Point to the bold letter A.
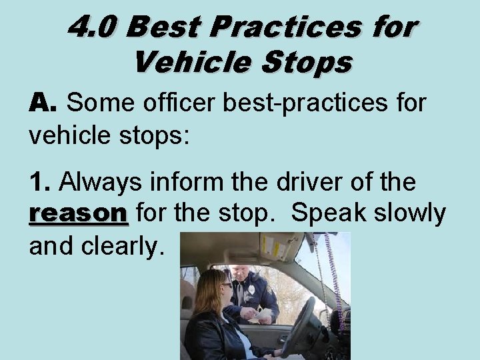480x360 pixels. tap(43, 103)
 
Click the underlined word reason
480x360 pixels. tap(78, 213)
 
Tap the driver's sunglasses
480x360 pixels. tap(227, 285)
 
